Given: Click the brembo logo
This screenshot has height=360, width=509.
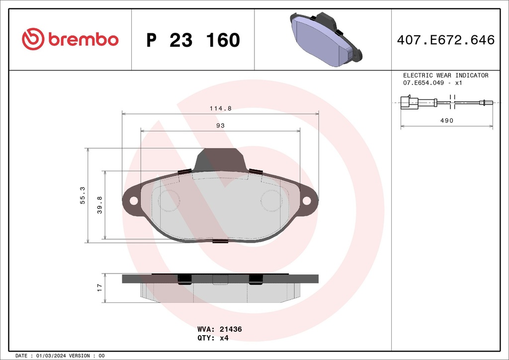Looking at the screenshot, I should pyautogui.click(x=70, y=39).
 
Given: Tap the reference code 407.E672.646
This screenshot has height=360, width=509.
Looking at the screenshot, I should pyautogui.click(x=445, y=40).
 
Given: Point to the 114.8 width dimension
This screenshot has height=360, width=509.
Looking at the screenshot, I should pyautogui.click(x=220, y=108).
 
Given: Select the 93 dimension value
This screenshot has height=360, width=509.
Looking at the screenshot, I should pyautogui.click(x=220, y=125).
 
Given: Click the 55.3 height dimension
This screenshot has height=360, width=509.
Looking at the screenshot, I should pyautogui.click(x=83, y=195).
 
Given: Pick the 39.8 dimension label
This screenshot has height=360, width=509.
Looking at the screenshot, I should pyautogui.click(x=99, y=205).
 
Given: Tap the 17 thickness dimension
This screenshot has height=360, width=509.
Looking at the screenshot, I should pyautogui.click(x=99, y=287).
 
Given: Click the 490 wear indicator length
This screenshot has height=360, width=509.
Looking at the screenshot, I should pyautogui.click(x=446, y=120).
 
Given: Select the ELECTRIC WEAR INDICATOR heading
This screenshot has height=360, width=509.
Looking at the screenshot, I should pyautogui.click(x=445, y=76).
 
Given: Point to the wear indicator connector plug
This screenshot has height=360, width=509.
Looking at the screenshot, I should pyautogui.click(x=409, y=102).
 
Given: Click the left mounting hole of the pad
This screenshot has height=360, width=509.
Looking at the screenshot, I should pyautogui.click(x=133, y=200).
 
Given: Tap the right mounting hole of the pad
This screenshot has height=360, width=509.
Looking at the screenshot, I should pyautogui.click(x=307, y=200).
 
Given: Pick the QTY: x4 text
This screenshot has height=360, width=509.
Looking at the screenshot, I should pyautogui.click(x=213, y=338).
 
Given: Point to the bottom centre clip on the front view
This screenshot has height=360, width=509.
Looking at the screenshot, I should pyautogui.click(x=220, y=242).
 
